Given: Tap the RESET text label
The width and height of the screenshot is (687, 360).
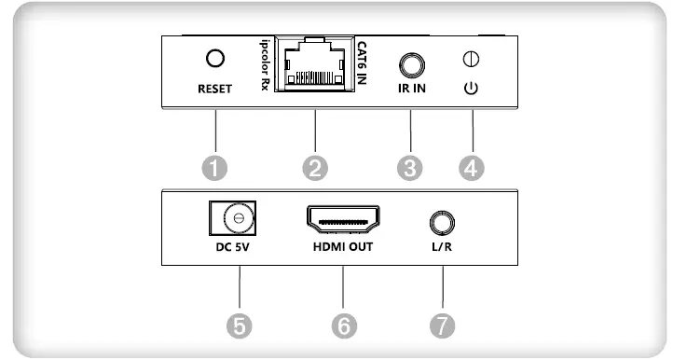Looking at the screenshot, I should [x=215, y=90].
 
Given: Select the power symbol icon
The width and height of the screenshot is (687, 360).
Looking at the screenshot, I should [x=472, y=90].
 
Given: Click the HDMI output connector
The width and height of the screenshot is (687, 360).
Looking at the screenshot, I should [x=342, y=220].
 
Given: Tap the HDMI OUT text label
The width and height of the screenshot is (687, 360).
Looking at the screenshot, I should [x=342, y=248].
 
